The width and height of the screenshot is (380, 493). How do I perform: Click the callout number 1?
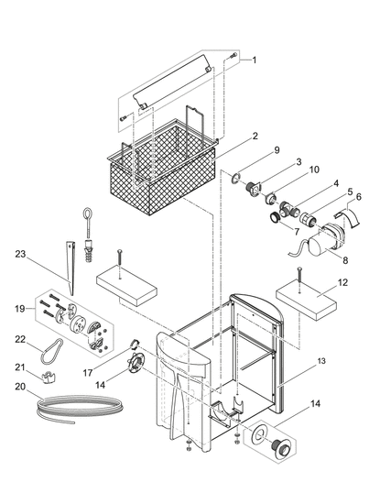(254, 60)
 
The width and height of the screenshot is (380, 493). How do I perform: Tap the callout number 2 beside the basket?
(255, 136)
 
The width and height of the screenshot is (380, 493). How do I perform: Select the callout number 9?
(277, 150)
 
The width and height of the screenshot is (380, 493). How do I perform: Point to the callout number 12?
(343, 282)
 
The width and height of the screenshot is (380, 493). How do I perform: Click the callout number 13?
(321, 361)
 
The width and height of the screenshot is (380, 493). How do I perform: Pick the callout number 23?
(20, 254)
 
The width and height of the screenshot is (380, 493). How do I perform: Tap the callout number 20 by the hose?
(20, 387)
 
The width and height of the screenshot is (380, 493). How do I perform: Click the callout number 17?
(88, 373)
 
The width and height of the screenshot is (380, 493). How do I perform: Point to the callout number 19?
(20, 309)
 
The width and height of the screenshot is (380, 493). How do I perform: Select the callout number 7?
(297, 232)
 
